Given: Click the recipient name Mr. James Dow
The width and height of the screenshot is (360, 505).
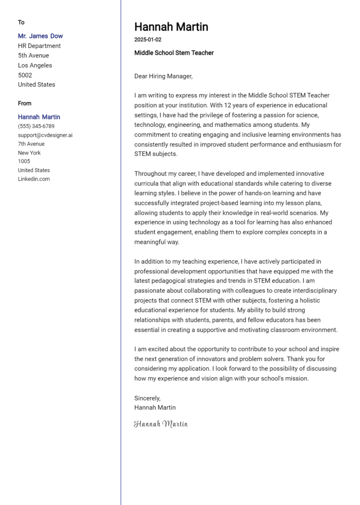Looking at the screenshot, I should click(40, 36).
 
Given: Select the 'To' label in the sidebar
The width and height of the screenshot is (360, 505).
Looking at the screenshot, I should click(21, 22).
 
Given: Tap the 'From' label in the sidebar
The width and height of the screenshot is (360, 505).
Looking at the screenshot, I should click(25, 104).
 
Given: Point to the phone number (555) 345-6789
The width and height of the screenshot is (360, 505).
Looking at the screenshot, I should click(36, 126).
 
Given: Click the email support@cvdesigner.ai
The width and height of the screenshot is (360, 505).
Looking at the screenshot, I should click(45, 135).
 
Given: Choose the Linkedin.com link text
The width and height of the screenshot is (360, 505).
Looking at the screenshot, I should click(34, 179).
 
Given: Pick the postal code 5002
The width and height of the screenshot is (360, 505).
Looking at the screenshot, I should click(25, 75).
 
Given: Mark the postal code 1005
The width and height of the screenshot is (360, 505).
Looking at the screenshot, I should click(24, 162).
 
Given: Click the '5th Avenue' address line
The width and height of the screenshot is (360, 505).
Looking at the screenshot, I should click(33, 56).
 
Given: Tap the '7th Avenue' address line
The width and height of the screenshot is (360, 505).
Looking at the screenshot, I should click(31, 144).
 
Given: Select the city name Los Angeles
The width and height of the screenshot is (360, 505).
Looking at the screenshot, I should click(35, 66).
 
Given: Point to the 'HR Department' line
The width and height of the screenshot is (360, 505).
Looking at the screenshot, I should click(39, 46).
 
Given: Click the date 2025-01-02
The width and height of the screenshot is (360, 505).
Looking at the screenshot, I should click(148, 40).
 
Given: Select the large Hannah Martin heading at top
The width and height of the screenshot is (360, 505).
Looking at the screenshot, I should click(171, 27).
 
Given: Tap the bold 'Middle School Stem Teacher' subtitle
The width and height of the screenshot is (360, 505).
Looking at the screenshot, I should click(174, 53).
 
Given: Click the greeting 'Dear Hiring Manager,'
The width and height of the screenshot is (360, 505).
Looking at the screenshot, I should click(163, 76).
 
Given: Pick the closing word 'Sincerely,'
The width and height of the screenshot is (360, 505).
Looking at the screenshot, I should click(147, 398).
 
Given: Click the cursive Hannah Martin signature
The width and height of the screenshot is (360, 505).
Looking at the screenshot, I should click(161, 424).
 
